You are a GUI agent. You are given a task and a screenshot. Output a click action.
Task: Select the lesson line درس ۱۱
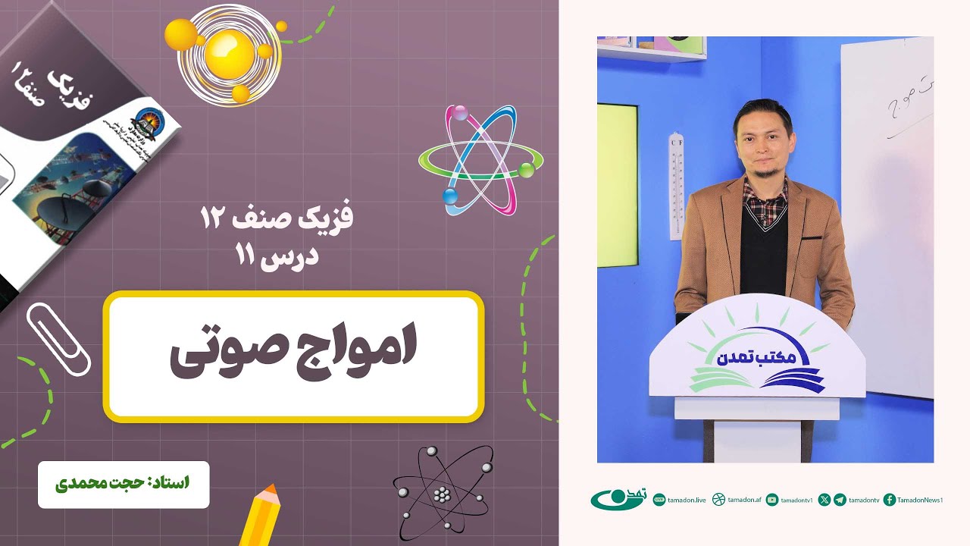279,255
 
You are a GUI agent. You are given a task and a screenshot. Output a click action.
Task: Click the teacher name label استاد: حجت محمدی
124,483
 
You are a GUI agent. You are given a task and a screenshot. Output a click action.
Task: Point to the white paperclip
58,338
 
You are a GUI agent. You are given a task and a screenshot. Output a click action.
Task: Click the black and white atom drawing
443,493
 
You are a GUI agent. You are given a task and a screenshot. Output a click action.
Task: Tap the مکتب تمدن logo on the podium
756,359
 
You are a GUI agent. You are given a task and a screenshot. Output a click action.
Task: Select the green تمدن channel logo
618,500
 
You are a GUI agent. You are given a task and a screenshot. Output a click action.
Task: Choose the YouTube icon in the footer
772,500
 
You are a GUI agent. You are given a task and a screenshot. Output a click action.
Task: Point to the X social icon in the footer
824,500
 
